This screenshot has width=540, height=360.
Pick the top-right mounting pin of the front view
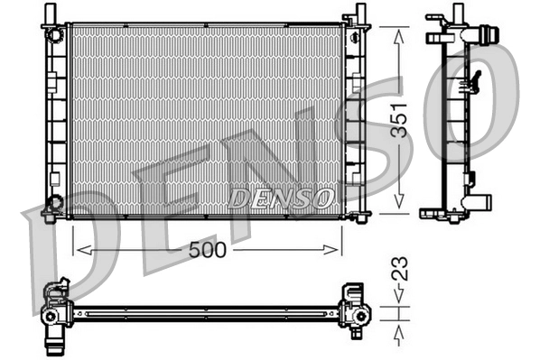pyautogui.click(x=358, y=14)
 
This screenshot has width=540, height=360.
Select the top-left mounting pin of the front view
pyautogui.click(x=53, y=14)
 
